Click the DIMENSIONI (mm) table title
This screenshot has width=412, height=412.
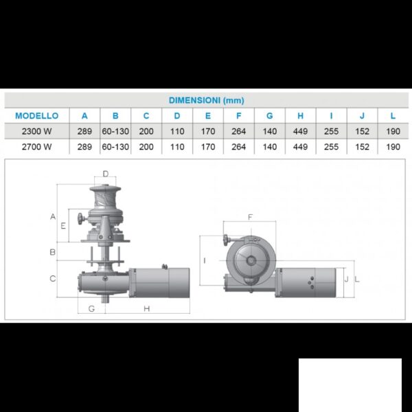click(x=206, y=100)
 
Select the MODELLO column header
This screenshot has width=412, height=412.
click(x=37, y=116)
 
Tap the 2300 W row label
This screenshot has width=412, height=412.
click(x=37, y=131)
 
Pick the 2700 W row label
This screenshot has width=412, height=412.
click(x=37, y=147)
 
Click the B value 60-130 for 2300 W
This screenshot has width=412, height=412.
click(x=115, y=131)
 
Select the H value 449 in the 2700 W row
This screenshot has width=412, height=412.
click(x=300, y=147)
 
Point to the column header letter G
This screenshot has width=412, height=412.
click(x=270, y=116)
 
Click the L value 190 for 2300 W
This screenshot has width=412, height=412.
click(x=393, y=131)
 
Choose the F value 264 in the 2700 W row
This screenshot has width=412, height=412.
click(x=238, y=147)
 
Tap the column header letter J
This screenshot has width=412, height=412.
click(x=362, y=116)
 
